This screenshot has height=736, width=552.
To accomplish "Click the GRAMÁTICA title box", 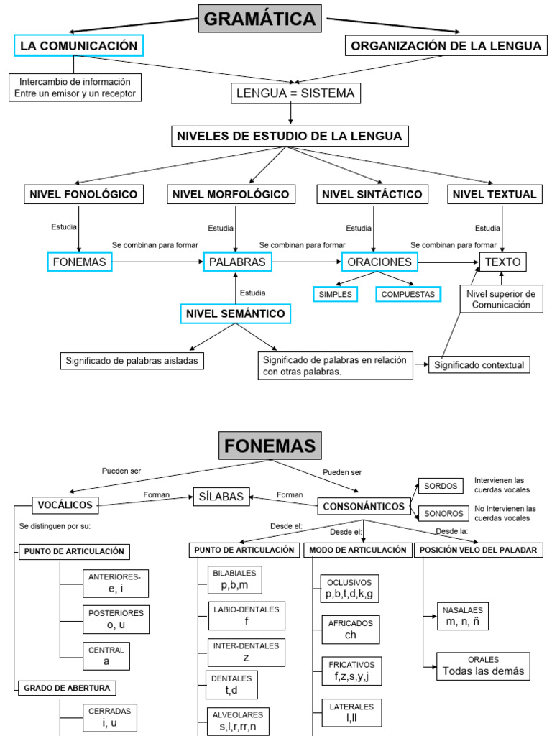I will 259,19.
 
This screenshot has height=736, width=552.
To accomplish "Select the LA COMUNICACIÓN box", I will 78,46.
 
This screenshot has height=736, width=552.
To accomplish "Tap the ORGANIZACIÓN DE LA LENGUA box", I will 446,46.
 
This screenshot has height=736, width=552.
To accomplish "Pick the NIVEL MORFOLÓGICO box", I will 231,194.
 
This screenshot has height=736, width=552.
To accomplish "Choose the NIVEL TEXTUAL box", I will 494,194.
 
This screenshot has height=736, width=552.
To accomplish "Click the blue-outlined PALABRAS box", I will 236,262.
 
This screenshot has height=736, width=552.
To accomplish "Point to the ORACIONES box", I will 379,262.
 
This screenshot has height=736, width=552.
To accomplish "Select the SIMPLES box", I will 335,294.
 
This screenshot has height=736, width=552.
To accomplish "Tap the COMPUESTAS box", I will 408,294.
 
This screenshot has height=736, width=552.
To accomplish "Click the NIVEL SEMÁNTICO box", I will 235,313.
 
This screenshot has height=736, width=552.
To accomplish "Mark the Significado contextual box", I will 479,365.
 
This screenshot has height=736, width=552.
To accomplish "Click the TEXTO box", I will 502,262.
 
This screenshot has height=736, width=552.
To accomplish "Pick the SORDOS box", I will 440,487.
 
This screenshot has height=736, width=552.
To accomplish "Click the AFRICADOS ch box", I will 350,630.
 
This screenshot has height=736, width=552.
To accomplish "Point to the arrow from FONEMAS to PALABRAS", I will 158,262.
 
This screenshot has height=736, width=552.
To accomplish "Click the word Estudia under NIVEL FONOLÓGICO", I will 64,227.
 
